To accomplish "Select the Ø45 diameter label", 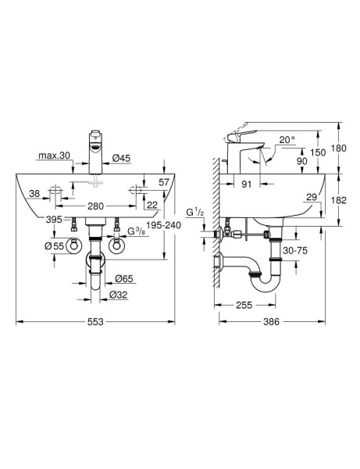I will tap(121, 159).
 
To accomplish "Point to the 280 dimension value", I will tap(96, 206).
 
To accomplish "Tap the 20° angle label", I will tap(288, 141).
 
